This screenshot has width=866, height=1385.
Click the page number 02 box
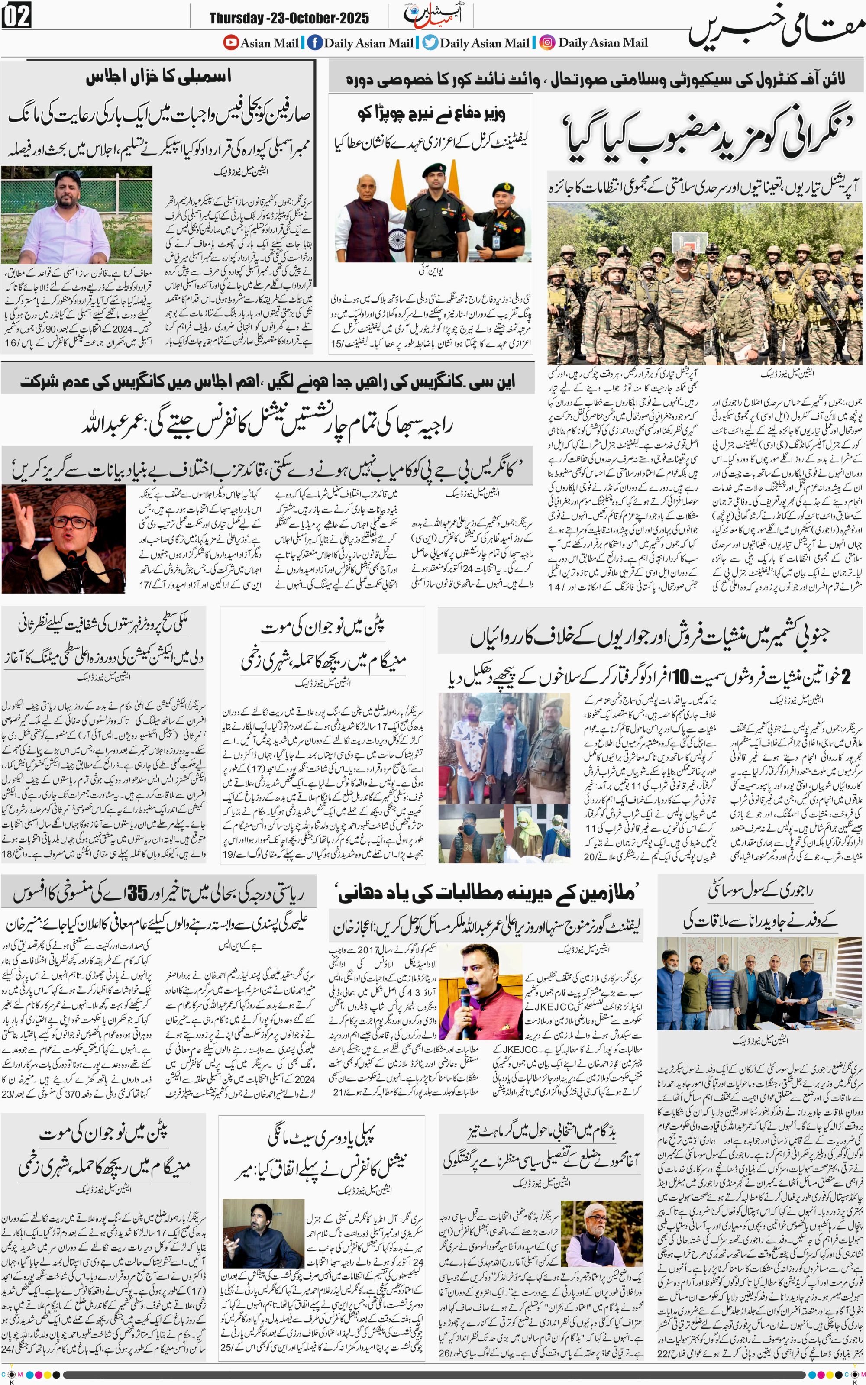click(16, 16)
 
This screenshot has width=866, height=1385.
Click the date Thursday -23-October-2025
click(289, 18)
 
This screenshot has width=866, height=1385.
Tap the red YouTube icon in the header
click(231, 42)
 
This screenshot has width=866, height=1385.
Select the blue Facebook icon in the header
click(314, 42)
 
